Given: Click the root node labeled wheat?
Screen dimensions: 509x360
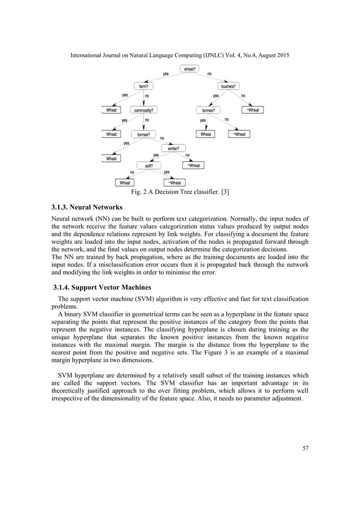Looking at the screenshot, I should (x=190, y=69).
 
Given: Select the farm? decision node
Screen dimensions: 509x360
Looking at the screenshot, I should (x=144, y=86).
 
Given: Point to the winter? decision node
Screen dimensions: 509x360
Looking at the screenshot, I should (x=173, y=149).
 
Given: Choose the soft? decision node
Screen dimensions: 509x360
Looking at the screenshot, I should (x=148, y=165).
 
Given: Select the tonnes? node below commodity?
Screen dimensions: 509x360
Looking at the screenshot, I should (x=143, y=134).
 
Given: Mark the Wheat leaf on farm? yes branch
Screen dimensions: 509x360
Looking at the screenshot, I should (x=112, y=110).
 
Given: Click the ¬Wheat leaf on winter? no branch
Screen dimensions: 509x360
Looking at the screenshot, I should (x=193, y=165).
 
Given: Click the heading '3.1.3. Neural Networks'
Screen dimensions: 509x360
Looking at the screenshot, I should (x=87, y=208).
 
